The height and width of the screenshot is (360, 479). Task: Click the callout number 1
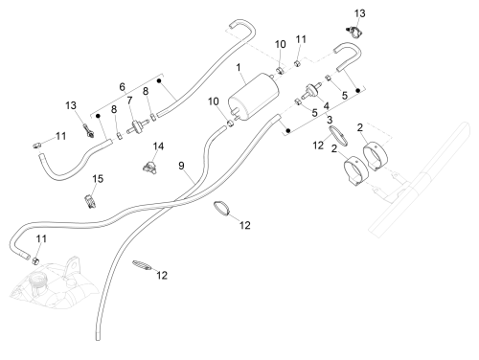point(239,68)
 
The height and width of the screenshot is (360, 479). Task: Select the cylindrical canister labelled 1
point(253,97)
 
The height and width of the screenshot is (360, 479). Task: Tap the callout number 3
point(330,120)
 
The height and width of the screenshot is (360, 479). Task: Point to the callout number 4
point(326,106)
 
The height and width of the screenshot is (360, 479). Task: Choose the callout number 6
point(122,86)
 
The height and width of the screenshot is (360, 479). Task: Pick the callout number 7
point(129,101)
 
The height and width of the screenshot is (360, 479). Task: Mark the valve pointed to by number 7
point(138,126)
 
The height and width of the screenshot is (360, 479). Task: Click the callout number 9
point(181,166)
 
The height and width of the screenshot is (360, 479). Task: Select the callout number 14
point(158,146)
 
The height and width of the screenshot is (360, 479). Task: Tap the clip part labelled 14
point(150,168)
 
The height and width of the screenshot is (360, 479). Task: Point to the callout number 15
point(98,179)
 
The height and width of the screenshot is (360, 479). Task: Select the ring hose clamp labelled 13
point(354,32)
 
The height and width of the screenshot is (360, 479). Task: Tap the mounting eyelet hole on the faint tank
point(74,265)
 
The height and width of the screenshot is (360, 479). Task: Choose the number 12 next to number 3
point(318,146)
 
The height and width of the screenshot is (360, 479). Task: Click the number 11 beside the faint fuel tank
point(41,238)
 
